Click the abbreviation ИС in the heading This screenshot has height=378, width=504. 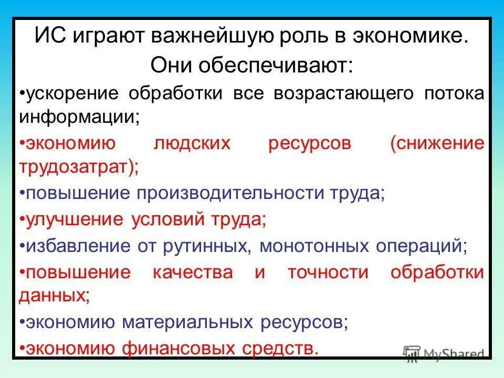pyautogui.click(x=48, y=38)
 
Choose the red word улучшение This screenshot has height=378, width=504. pyautogui.click(x=73, y=219)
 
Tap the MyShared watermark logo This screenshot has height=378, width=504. pyautogui.click(x=444, y=353)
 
